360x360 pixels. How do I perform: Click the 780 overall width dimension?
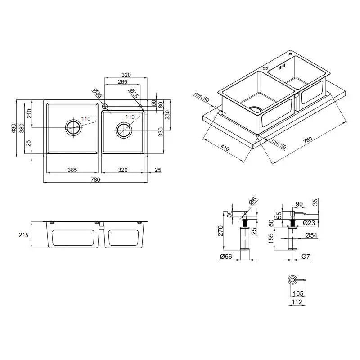pyautogui.click(x=95, y=180)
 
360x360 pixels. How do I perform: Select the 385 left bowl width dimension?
pyautogui.click(x=72, y=170)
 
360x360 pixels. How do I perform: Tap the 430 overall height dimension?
pyautogui.click(x=14, y=128)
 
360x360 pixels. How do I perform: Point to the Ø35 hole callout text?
pyautogui.click(x=98, y=93)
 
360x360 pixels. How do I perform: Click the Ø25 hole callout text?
pyautogui.click(x=134, y=93)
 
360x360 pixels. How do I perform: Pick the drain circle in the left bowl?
pyautogui.click(x=73, y=128)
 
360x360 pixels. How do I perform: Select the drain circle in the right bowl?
pyautogui.click(x=124, y=130)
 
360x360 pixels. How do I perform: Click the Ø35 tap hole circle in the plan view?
pyautogui.click(x=105, y=106)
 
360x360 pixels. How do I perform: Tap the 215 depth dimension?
pyautogui.click(x=23, y=235)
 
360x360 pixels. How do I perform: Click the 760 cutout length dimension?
pyautogui.click(x=308, y=140)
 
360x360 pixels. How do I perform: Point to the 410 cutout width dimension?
pyautogui.click(x=225, y=148)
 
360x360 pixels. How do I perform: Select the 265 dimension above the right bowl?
pyautogui.click(x=122, y=82)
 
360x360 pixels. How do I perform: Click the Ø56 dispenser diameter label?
pyautogui.click(x=226, y=256)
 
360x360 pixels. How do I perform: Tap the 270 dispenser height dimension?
pyautogui.click(x=220, y=231)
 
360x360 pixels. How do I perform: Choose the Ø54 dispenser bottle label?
pyautogui.click(x=311, y=235)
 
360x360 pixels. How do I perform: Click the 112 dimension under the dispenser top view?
pyautogui.click(x=297, y=302)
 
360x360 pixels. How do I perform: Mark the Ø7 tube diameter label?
pyautogui.click(x=306, y=256)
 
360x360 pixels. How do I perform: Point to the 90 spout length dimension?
pyautogui.click(x=299, y=204)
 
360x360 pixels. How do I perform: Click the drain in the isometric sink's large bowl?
pyautogui.click(x=255, y=109)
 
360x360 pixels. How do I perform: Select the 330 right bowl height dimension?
pyautogui.click(x=161, y=132)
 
